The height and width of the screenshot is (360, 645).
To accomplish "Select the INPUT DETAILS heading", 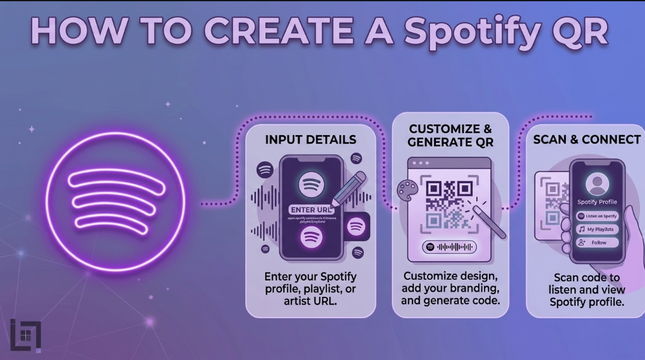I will pyautogui.click(x=310, y=140).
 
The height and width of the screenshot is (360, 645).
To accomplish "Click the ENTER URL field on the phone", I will pyautogui.click(x=311, y=210).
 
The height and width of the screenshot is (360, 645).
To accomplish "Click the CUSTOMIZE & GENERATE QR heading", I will pyautogui.click(x=450, y=135).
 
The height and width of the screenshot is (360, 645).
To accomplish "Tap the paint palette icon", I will pyautogui.click(x=407, y=191).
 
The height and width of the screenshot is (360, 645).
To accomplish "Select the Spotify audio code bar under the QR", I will pyautogui.click(x=449, y=248).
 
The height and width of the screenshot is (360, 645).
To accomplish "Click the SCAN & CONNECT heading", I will pyautogui.click(x=587, y=140).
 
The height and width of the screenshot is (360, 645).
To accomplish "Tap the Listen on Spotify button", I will pyautogui.click(x=597, y=216).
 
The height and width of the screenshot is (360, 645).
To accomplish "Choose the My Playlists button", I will pyautogui.click(x=597, y=229).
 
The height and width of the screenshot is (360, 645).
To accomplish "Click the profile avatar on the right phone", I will pyautogui.click(x=596, y=184).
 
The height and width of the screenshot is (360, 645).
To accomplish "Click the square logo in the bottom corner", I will pyautogui.click(x=26, y=335).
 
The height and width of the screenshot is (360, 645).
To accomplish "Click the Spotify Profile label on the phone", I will pyautogui.click(x=597, y=202).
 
